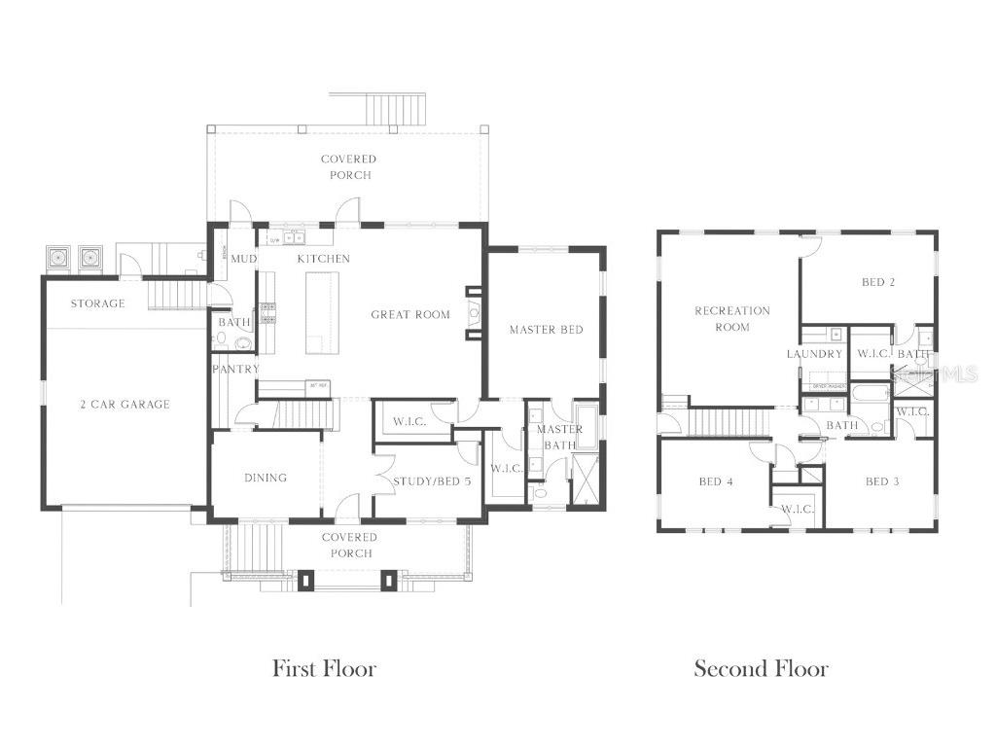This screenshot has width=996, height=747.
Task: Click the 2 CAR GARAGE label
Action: pos(124,404)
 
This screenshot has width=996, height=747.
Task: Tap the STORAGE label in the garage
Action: pos(97,303)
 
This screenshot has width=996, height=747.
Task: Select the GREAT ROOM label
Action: pos(410,314)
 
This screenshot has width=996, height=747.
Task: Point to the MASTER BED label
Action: pos(546,330)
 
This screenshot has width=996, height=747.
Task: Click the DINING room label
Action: pos(266,478)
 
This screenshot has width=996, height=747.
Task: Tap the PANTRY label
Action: pos(236,370)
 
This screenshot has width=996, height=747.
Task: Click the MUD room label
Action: pos(242,259)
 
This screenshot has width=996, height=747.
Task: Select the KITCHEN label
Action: pos(323,259)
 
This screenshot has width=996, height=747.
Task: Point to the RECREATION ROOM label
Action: pos(731,319)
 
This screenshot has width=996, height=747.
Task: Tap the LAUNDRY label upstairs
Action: pos(814,354)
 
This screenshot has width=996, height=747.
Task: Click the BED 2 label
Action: pos(877,283)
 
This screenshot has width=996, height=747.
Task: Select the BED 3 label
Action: pos(881,481)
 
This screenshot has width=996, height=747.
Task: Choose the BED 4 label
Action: pos(715,481)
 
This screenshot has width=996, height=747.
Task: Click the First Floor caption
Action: pos(324,668)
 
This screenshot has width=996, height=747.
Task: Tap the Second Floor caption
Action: pos(761,668)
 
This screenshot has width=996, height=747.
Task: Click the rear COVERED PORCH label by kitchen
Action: pos(348,166)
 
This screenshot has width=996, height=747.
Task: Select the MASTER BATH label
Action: pos(559,437)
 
